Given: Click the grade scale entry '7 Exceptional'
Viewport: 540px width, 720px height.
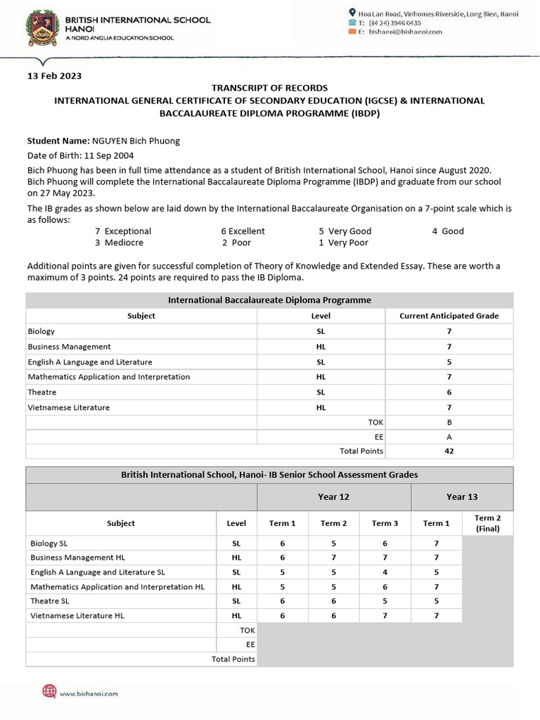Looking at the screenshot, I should pos(123,231).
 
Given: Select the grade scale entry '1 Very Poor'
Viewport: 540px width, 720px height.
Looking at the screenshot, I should pos(343,243).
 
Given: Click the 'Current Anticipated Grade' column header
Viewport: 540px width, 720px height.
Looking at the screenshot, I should pos(449,316).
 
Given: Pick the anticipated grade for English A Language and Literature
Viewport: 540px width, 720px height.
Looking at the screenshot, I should pos(449,362).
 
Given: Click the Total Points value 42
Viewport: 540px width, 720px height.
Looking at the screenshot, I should pos(449,451).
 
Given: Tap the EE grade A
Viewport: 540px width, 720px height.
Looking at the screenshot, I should pos(449,437).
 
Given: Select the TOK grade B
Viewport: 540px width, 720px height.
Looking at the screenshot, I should pos(449,422).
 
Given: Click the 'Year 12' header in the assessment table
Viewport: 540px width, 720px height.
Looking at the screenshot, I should pos(333,496).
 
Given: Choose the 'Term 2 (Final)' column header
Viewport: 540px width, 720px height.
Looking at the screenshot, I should pos(487,523).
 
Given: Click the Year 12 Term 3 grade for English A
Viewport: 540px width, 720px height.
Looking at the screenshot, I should pos(385,572).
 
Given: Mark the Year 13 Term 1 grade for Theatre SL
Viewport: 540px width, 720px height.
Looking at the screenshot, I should pos(436,601).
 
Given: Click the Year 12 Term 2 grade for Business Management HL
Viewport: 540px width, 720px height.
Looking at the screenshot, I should pos(334,558).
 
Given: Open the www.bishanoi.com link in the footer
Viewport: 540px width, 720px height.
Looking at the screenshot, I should pos(89,693).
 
